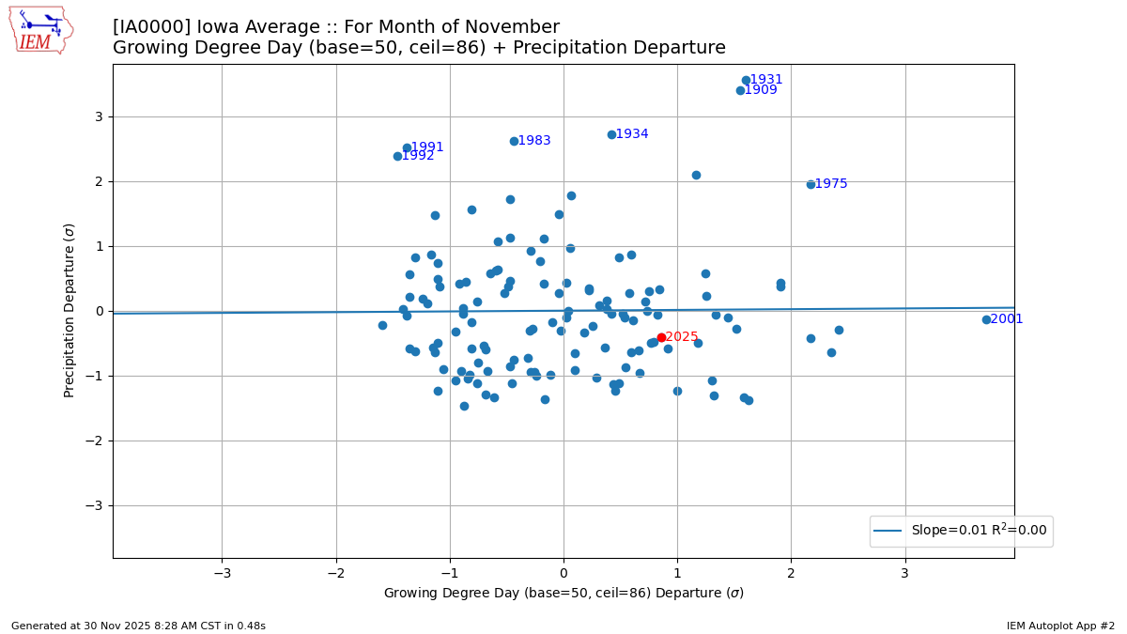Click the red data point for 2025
click(x=661, y=337)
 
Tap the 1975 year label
click(x=830, y=184)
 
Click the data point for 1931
click(x=746, y=80)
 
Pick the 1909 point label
click(x=761, y=90)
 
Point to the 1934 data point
click(x=611, y=134)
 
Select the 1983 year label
click(x=534, y=141)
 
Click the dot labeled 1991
click(x=407, y=147)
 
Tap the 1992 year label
click(x=418, y=156)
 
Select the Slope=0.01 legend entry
click(x=961, y=531)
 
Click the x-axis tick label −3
click(x=222, y=573)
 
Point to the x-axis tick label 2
click(x=791, y=573)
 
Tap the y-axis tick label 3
click(x=98, y=116)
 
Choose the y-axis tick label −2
click(x=94, y=441)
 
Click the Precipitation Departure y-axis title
click(x=69, y=310)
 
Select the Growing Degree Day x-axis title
click(x=563, y=594)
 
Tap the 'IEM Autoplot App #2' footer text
click(x=1060, y=626)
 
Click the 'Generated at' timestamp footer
click(x=138, y=626)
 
